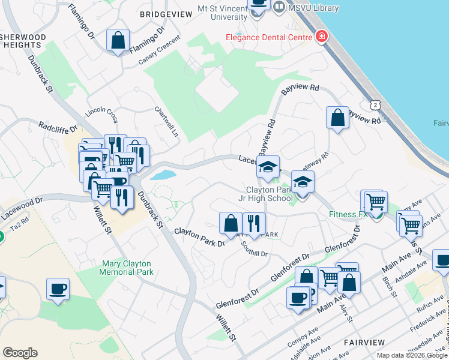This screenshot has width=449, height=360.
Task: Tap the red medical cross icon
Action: (x=322, y=37)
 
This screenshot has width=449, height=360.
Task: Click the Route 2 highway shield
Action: (x=375, y=105)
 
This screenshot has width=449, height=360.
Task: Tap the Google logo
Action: (x=20, y=353)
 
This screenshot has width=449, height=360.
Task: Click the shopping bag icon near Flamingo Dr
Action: (x=118, y=41)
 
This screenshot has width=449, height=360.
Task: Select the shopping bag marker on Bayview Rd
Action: (x=338, y=118)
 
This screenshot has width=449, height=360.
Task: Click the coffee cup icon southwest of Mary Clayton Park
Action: (x=58, y=289)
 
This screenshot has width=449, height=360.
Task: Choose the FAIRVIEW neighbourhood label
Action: (x=364, y=342)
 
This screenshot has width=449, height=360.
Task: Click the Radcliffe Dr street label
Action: (x=58, y=127)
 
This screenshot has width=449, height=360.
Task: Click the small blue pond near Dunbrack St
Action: (x=163, y=175)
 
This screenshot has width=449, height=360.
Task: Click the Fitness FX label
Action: (x=347, y=214)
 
